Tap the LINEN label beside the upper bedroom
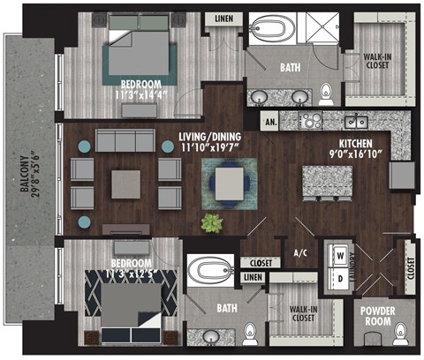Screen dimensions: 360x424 click(222, 19)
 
